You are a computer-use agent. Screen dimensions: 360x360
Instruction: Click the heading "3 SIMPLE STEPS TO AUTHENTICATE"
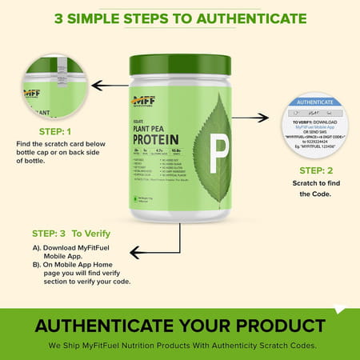point(180,17)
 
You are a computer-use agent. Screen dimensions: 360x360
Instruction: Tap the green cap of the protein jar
point(180,64)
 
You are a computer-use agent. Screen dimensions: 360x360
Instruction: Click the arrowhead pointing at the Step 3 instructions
point(134,253)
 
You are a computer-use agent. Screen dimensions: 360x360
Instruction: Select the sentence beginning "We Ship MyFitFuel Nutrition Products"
point(180,345)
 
